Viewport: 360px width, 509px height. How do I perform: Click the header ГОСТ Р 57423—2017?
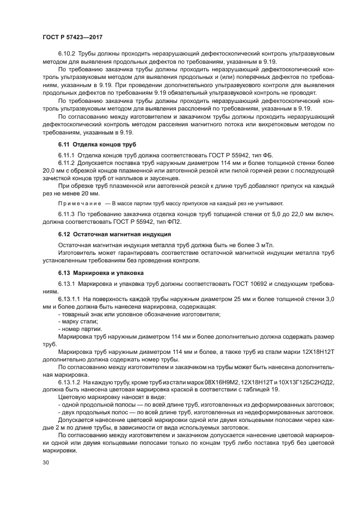click(72, 37)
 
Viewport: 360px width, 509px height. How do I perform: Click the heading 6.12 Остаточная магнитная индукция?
click(114, 234)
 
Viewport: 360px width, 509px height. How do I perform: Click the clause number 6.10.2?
click(67, 54)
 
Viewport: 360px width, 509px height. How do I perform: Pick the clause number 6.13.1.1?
click(70, 299)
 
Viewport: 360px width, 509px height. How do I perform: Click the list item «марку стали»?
click(74, 322)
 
